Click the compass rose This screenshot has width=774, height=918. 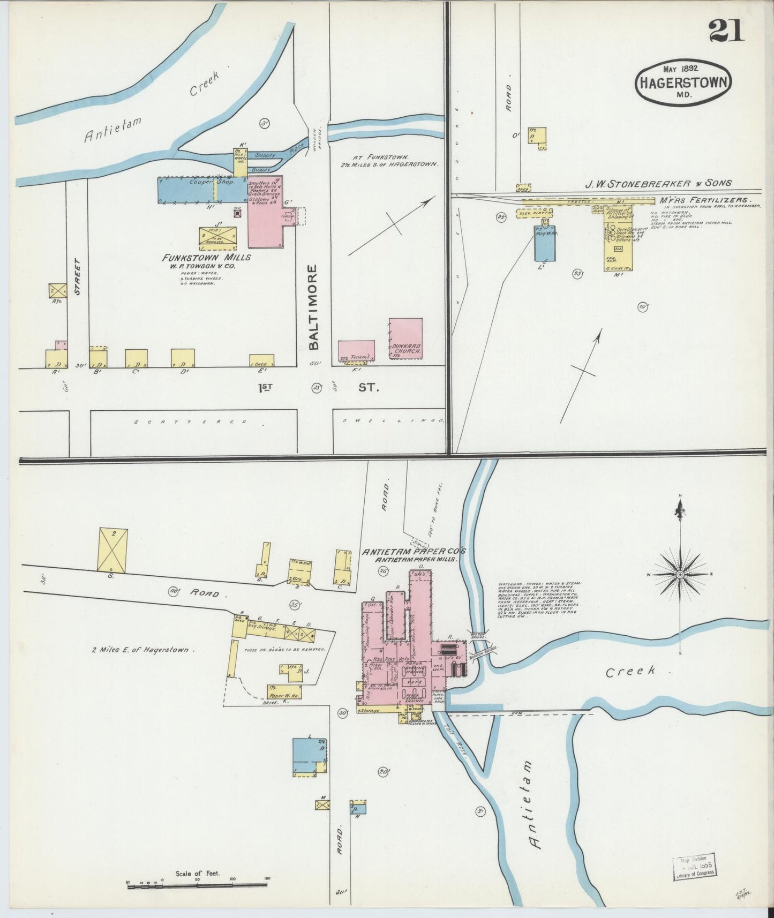click(680, 575)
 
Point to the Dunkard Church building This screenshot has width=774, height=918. click(405, 338)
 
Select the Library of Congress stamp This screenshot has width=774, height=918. click(695, 866)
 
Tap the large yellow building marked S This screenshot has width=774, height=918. click(112, 549)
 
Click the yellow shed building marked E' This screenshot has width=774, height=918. click(261, 360)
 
